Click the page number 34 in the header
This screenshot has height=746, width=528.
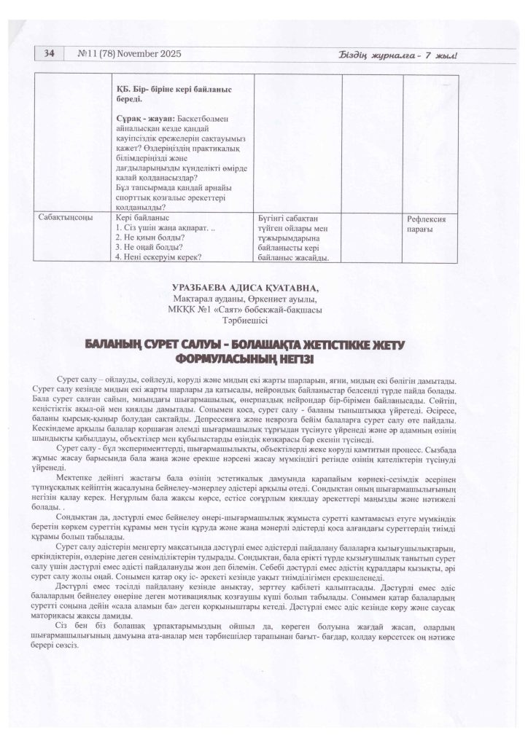(x=50, y=53)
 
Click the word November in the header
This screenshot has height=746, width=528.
(x=133, y=54)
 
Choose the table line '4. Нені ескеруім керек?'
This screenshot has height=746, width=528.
(x=159, y=256)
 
